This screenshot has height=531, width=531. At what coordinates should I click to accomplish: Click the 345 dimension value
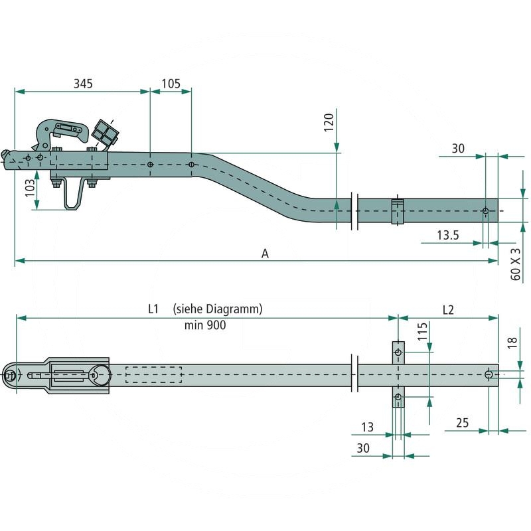pos(83,83)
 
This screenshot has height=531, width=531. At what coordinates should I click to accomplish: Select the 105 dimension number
pos(171,83)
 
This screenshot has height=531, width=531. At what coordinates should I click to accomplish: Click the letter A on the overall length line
pos(265,254)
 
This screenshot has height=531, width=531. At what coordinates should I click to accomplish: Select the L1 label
pos(153,309)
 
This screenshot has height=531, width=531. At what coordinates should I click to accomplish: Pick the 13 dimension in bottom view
pos(367,427)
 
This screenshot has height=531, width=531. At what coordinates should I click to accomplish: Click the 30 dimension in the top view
pos(458,149)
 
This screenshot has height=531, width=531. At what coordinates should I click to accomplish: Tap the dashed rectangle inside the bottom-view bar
pos(153,375)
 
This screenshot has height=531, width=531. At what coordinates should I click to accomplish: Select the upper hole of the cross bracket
pos(398,352)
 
